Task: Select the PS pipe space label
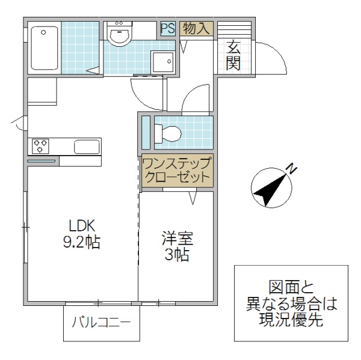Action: tap(167, 28)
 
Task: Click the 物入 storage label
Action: tap(196, 28)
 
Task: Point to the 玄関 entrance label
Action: tap(233, 55)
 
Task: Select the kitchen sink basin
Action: tap(87, 146)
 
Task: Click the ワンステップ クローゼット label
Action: tap(176, 170)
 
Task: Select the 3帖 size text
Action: tap(176, 255)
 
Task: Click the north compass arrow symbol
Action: tap(268, 189)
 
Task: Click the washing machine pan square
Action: tap(162, 61)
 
